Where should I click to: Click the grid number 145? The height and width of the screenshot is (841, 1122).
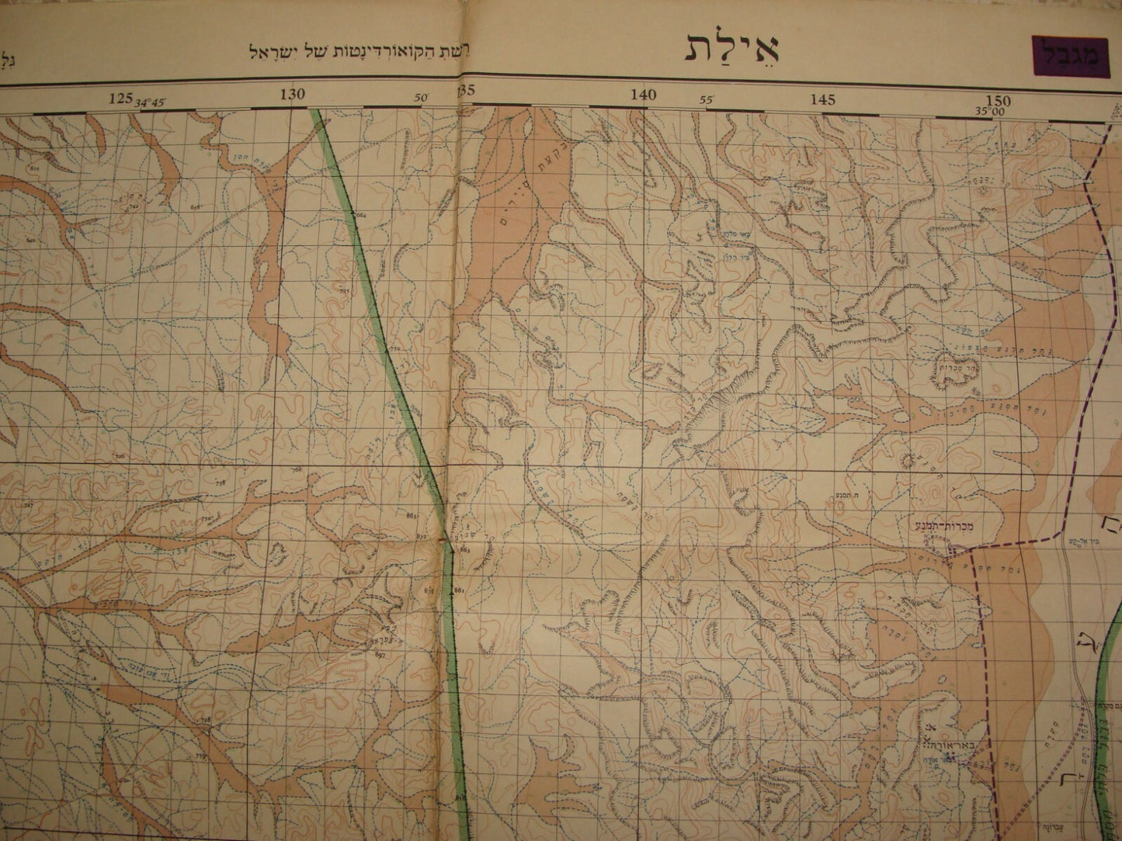(822, 99)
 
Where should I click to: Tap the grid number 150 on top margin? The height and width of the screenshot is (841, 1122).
(999, 101)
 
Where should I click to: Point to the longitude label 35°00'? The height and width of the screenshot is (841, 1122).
(991, 111)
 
